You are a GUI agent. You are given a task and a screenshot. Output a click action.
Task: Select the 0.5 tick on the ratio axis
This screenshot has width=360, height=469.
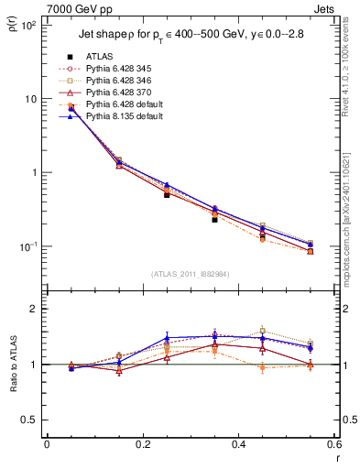point(33,420)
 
